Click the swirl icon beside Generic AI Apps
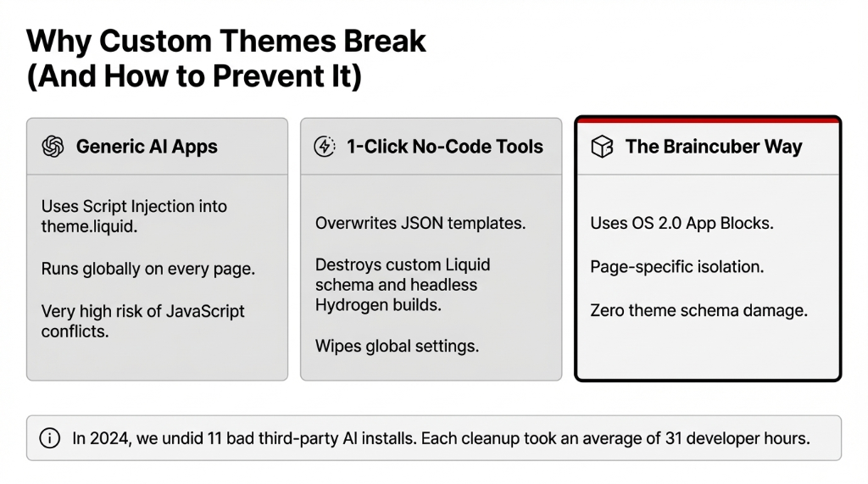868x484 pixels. [x=53, y=147]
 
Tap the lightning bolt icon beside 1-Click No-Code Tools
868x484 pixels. [x=325, y=147]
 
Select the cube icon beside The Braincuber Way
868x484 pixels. [x=601, y=147]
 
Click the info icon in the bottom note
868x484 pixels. [x=51, y=438]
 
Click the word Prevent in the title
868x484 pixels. [x=258, y=77]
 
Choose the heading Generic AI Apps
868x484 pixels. [x=147, y=147]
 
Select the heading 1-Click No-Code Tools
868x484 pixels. [x=445, y=147]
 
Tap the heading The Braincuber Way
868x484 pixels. [x=714, y=147]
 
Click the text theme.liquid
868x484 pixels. [x=87, y=226]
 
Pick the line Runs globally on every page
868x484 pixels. [x=148, y=269]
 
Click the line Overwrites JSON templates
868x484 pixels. [x=420, y=224]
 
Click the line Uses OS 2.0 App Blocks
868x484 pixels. [x=682, y=224]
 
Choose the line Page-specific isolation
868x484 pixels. [x=676, y=267]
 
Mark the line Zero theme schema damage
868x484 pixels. [x=698, y=310]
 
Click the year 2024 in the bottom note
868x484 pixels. [x=105, y=438]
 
